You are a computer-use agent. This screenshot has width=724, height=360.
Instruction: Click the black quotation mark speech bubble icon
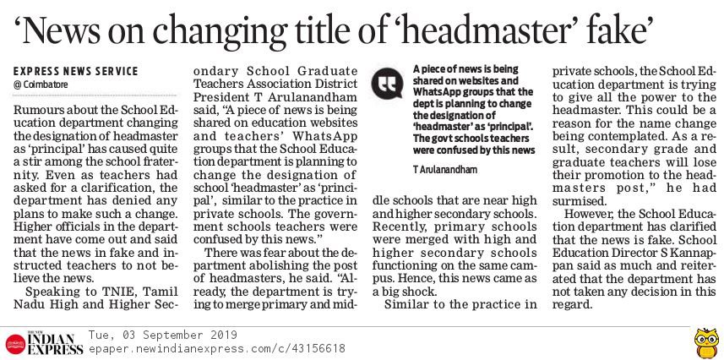coord(388,82)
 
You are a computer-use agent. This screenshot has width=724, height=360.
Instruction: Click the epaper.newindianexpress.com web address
coord(216,347)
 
